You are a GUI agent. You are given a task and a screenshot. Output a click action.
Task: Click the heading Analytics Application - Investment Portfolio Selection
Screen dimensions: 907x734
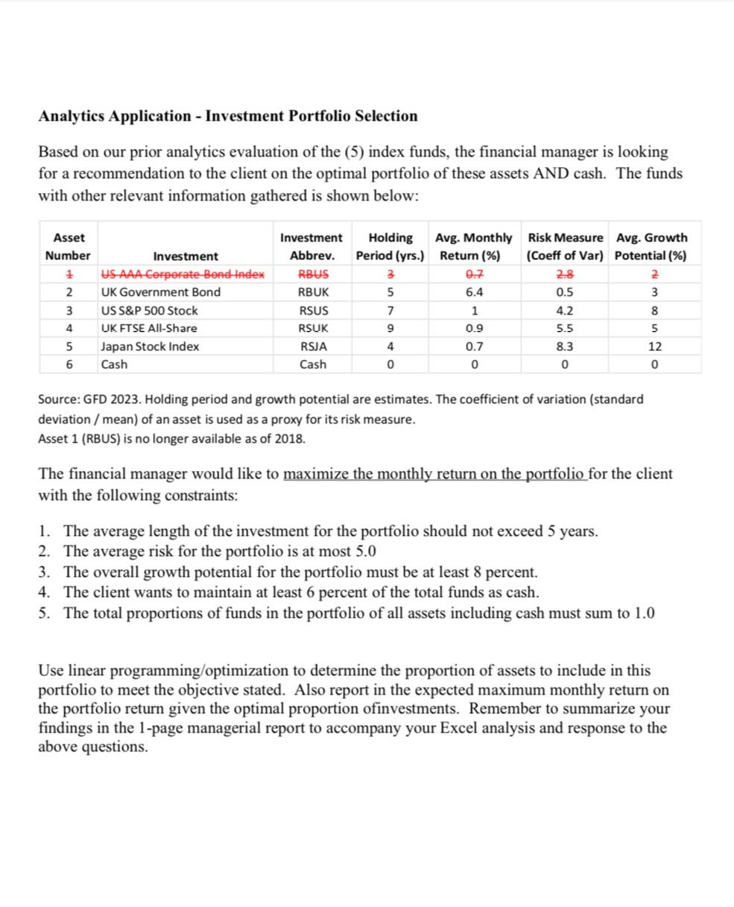(x=227, y=116)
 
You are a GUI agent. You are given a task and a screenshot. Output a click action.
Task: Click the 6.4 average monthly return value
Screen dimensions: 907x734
(x=473, y=292)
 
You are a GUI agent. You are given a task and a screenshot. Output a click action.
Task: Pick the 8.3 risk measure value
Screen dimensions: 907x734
(x=565, y=347)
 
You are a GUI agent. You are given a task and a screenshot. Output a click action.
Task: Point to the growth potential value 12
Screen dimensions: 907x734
(x=655, y=347)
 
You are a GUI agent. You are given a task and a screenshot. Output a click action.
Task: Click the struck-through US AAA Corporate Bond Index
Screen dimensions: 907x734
(x=183, y=274)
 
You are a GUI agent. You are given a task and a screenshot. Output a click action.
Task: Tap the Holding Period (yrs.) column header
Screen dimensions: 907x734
(x=390, y=247)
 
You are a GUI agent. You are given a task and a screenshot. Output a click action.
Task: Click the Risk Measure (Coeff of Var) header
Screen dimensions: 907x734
(x=565, y=247)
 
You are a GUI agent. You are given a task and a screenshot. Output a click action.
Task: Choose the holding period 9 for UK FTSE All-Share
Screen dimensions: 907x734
(x=390, y=328)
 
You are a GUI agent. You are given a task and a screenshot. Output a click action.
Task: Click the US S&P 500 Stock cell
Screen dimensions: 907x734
(x=149, y=310)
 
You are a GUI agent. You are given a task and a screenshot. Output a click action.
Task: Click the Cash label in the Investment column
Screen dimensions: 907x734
(x=114, y=364)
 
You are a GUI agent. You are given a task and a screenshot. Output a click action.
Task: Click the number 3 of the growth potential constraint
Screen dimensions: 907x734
(x=44, y=572)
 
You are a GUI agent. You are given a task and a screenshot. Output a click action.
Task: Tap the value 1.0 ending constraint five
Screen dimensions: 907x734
(x=645, y=613)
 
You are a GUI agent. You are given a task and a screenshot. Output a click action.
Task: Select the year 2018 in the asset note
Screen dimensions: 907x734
(x=290, y=438)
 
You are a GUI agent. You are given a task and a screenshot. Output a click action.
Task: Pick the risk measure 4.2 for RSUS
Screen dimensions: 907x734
(x=565, y=310)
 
